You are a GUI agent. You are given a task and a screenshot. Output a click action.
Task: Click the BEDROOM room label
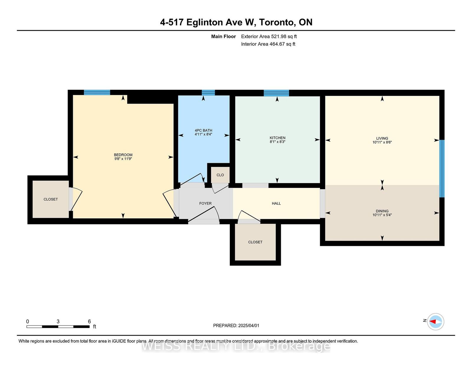[123, 155]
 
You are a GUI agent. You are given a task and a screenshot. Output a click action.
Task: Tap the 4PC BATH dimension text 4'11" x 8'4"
[203, 134]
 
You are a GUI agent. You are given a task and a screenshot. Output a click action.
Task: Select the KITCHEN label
[277, 138]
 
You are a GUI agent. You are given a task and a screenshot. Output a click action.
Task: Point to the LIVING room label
[382, 138]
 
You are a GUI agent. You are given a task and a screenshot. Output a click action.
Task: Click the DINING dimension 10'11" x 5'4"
[382, 215]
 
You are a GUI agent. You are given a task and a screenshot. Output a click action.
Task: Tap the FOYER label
[205, 203]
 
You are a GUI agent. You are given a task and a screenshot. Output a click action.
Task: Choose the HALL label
[276, 203]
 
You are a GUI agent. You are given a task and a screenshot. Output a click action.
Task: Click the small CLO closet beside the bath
[220, 175]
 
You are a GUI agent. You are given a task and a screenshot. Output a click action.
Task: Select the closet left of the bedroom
[50, 199]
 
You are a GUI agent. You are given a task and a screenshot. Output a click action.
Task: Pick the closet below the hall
[255, 242]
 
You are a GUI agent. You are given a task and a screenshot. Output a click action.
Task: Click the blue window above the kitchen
[276, 93]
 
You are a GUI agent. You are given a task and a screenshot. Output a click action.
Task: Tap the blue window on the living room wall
[442, 168]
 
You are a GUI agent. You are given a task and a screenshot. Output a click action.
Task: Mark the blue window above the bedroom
[97, 92]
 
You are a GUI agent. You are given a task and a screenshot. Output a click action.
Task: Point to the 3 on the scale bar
[58, 322]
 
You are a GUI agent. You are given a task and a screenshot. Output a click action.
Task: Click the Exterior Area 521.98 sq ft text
[269, 37]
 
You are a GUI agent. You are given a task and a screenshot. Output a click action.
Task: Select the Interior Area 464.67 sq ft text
[268, 44]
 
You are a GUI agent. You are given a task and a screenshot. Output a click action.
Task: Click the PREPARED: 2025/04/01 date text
[236, 325]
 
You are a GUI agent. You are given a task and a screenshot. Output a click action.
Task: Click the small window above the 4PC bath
[208, 93]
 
